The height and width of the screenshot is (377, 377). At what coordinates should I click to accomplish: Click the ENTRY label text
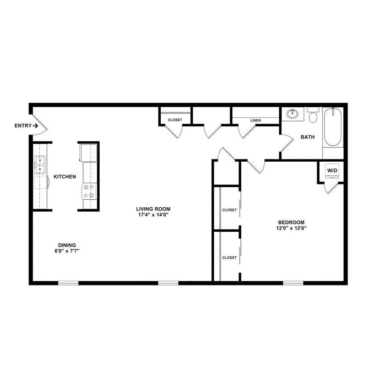click(x=23, y=126)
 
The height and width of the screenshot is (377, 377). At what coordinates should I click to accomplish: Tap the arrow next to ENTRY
click(x=35, y=126)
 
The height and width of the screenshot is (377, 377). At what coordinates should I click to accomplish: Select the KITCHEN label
click(x=65, y=177)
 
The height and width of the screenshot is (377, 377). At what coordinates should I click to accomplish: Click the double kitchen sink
click(x=40, y=165)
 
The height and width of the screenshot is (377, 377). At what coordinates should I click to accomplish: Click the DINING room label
click(x=67, y=245)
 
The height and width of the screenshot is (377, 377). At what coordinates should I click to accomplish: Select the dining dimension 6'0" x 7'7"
click(x=67, y=251)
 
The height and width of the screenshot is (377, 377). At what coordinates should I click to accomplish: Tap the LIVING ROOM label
click(x=153, y=209)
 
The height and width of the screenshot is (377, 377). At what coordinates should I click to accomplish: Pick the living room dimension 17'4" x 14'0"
click(x=153, y=215)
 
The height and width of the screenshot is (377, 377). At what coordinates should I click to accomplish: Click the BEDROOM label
click(x=291, y=222)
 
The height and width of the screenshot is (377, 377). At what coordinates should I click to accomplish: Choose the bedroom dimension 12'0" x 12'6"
click(x=291, y=228)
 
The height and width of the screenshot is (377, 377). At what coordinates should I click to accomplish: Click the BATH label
click(x=307, y=137)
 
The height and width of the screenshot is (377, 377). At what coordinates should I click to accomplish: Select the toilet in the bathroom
click(x=313, y=116)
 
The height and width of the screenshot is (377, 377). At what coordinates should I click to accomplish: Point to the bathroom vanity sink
click(x=293, y=113)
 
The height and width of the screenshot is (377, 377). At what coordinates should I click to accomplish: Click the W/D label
click(x=332, y=171)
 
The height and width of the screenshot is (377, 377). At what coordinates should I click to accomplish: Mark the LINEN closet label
click(x=256, y=120)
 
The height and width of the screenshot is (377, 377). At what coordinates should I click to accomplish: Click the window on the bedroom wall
click(x=293, y=283)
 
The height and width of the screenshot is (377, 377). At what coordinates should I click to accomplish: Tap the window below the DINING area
click(x=68, y=283)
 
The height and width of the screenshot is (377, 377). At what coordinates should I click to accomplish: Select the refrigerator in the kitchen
click(x=88, y=152)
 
